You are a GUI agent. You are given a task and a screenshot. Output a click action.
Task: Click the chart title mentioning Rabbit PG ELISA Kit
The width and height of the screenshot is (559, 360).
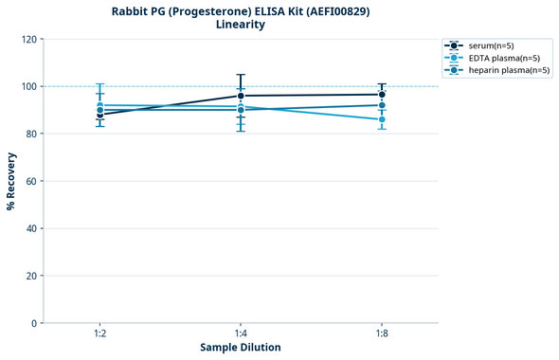tap(241, 10)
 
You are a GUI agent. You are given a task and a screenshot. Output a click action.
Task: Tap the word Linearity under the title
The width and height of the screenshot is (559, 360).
tap(241, 25)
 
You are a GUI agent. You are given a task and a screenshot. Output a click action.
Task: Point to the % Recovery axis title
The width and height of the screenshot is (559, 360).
tap(11, 180)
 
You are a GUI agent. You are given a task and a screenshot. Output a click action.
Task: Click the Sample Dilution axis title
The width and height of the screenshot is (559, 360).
tap(241, 348)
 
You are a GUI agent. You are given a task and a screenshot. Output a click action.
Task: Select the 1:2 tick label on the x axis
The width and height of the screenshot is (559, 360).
tap(99, 333)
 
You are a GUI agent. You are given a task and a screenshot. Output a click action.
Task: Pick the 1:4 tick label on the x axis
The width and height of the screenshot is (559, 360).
tap(241, 333)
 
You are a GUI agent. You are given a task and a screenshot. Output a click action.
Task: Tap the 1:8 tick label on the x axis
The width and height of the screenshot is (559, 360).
tap(382, 333)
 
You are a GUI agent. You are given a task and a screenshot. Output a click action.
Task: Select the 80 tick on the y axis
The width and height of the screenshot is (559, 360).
tap(30, 134)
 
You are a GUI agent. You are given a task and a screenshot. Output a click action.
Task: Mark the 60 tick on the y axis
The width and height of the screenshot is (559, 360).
tap(30, 181)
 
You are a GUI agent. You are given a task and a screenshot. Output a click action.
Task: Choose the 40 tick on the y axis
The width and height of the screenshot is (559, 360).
tap(30, 228)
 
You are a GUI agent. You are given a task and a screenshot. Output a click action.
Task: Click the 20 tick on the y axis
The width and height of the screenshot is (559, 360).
tap(30, 276)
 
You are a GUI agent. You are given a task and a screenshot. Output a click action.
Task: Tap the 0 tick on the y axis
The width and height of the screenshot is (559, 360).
tap(34, 323)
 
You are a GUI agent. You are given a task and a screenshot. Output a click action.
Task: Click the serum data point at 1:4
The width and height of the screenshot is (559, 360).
tap(241, 96)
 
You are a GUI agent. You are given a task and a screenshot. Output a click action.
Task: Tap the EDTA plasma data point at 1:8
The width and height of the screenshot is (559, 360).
tap(382, 119)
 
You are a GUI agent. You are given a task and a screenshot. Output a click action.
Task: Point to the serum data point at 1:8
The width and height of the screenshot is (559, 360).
tap(382, 95)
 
